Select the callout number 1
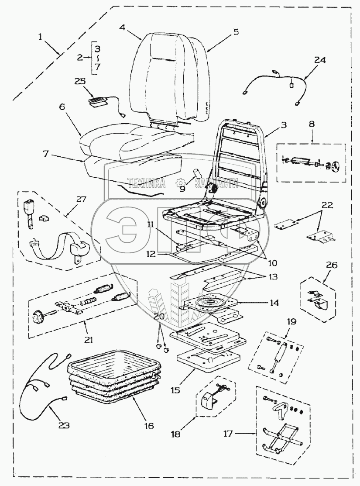pos(41,37)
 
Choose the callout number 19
pos(291,322)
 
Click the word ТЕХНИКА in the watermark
pos(146,183)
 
